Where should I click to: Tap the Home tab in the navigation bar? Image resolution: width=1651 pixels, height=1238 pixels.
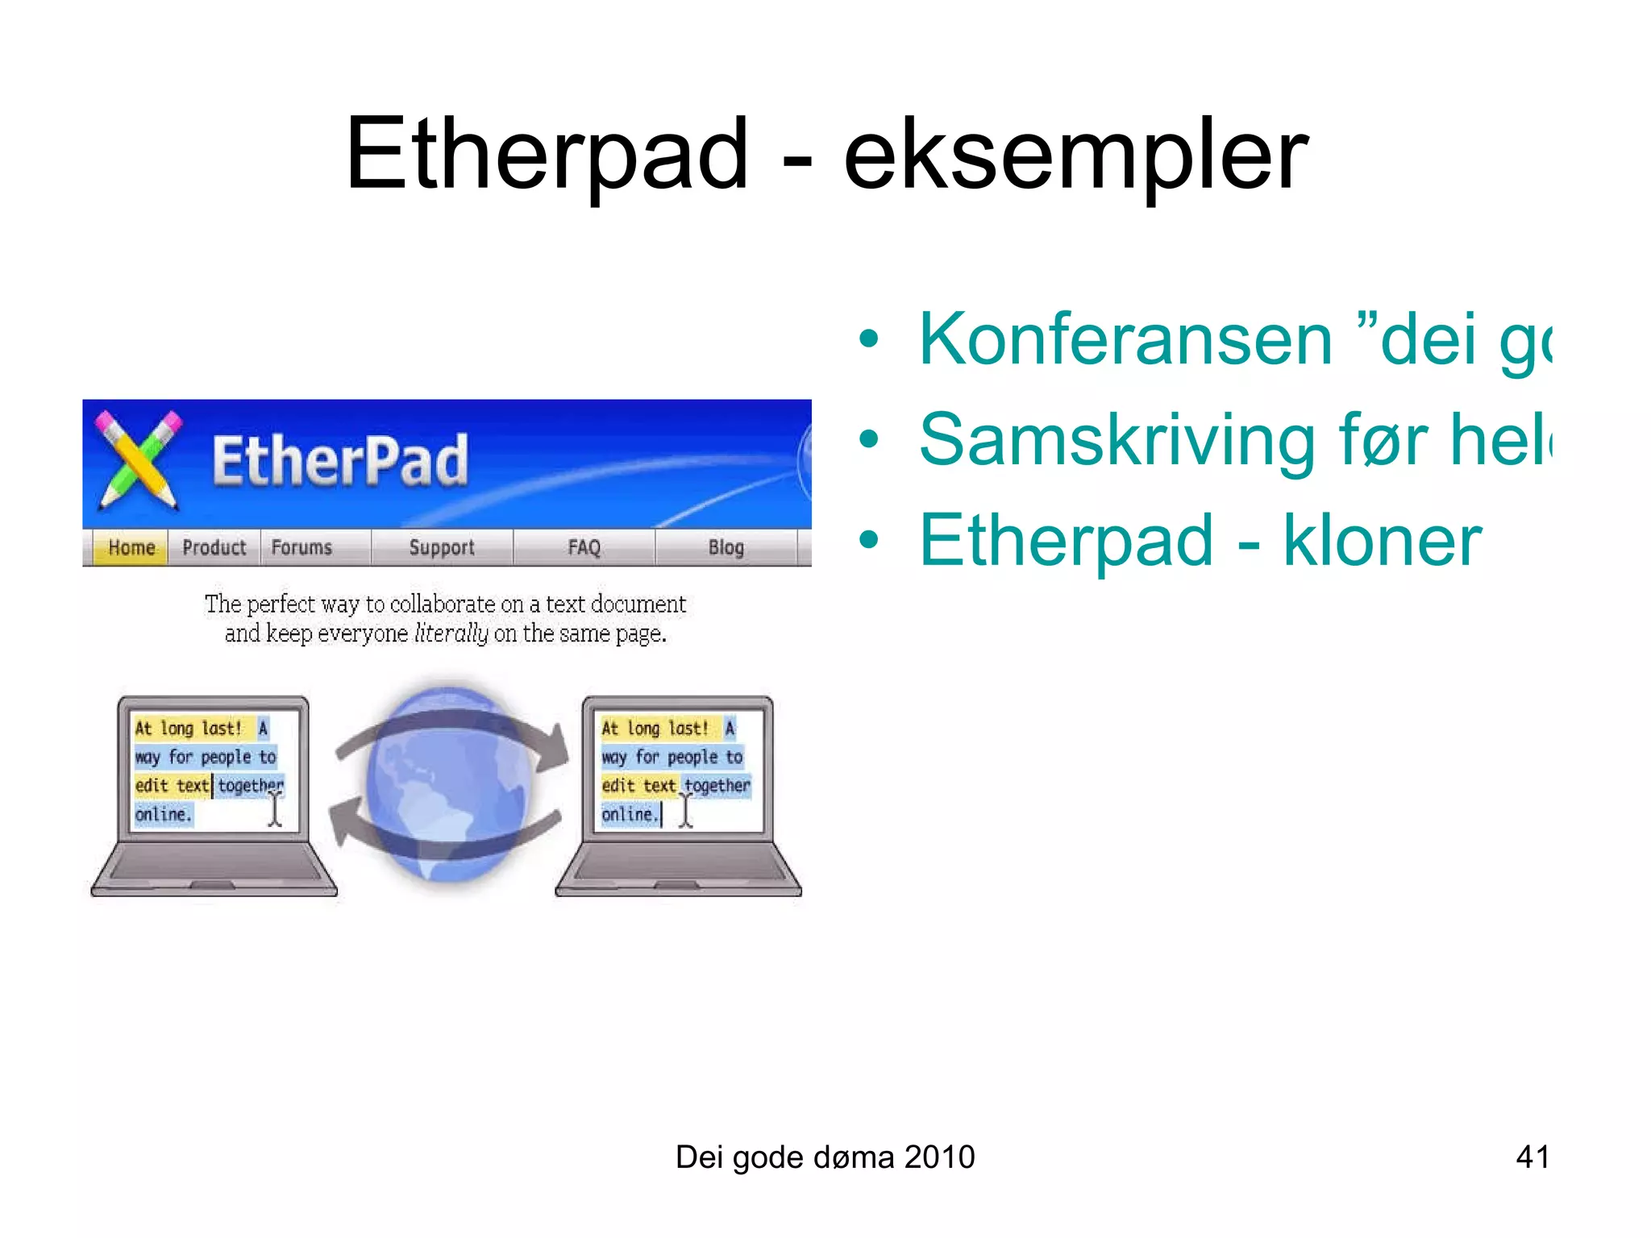[131, 548]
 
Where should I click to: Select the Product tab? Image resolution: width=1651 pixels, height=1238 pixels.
[214, 548]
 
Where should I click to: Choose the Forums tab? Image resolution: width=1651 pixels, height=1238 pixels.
[302, 548]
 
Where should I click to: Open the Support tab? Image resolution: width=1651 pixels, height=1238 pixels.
[442, 548]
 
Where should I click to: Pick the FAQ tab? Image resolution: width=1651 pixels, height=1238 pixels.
[584, 548]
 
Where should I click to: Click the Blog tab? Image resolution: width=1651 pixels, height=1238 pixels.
[726, 548]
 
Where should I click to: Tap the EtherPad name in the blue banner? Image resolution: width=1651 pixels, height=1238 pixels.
[339, 461]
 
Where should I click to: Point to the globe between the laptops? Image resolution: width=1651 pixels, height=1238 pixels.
[448, 786]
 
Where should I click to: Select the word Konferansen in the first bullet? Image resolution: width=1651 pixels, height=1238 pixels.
[1125, 340]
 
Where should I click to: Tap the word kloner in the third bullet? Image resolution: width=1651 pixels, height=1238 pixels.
[1382, 541]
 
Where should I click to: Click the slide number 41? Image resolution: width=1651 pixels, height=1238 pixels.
[1532, 1157]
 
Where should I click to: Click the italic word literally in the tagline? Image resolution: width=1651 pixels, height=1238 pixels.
[451, 634]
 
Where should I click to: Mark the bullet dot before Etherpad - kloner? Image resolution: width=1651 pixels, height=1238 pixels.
[868, 541]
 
